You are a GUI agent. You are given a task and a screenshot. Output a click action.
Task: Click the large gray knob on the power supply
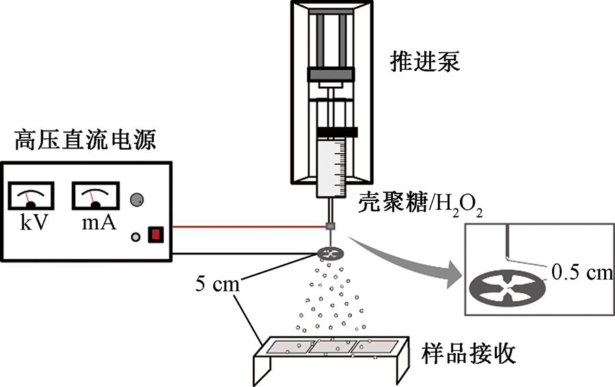(x=137, y=199)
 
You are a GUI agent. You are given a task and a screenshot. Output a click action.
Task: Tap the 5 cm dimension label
(x=215, y=282)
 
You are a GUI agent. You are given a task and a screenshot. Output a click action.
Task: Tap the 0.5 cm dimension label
(x=581, y=273)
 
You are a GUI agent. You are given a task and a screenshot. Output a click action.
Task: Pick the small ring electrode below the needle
(x=332, y=254)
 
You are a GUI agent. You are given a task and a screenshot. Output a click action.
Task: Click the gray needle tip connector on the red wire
(x=331, y=226)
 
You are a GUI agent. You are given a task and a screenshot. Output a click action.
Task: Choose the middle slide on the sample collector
(x=332, y=347)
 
